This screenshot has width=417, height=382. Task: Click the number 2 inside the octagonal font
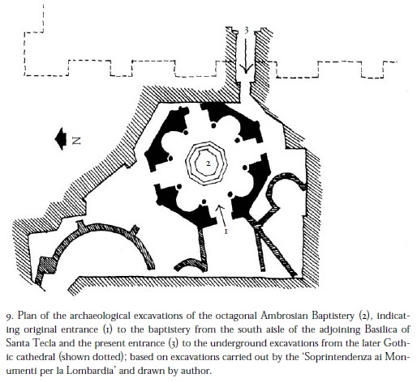pos(208,163)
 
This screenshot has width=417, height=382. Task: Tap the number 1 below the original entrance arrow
pos(226,231)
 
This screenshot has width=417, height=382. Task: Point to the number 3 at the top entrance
pos(246,30)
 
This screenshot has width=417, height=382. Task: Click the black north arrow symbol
pos(61,138)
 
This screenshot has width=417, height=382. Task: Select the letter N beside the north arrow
pos(76,140)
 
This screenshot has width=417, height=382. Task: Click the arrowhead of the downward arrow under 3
pos(246,69)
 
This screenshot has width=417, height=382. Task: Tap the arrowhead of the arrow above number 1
pos(220,208)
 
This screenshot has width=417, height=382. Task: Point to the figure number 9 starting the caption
pos(9,316)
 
